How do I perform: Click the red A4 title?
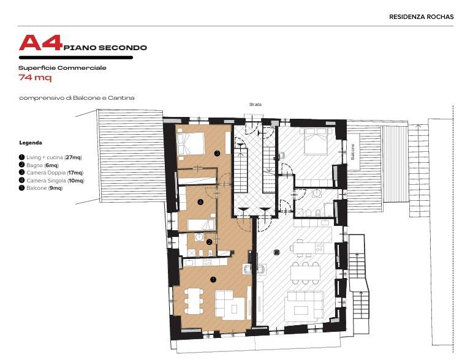coord(40,43)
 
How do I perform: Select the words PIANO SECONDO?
coord(105,48)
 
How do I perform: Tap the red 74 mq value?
coord(35,78)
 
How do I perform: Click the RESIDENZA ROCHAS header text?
coord(421,17)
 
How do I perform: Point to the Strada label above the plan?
coord(255,104)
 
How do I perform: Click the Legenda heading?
coord(31,143)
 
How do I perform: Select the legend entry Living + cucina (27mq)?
coord(50,157)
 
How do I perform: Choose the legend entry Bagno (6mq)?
coord(39,165)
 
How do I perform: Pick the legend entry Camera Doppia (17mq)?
coord(51,173)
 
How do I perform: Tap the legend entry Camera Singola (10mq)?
coord(51,181)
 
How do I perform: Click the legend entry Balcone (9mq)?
coord(40,188)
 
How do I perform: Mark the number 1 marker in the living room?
coord(213,280)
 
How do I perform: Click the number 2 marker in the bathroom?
coord(210,242)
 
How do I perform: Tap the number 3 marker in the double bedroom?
coord(217,153)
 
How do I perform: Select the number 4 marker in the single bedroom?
coord(200,202)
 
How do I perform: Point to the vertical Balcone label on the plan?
coord(353,152)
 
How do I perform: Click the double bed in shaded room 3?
coord(191,143)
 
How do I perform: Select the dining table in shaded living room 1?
coord(193,301)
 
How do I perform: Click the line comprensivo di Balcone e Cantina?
coord(77,98)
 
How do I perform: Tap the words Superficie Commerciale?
coord(62,68)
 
